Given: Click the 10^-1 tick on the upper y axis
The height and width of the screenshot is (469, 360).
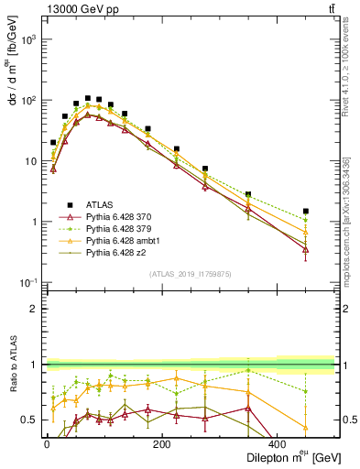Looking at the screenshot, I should pos(29,282).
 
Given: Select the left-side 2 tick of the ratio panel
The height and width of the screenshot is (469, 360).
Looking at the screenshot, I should pos(33,309).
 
